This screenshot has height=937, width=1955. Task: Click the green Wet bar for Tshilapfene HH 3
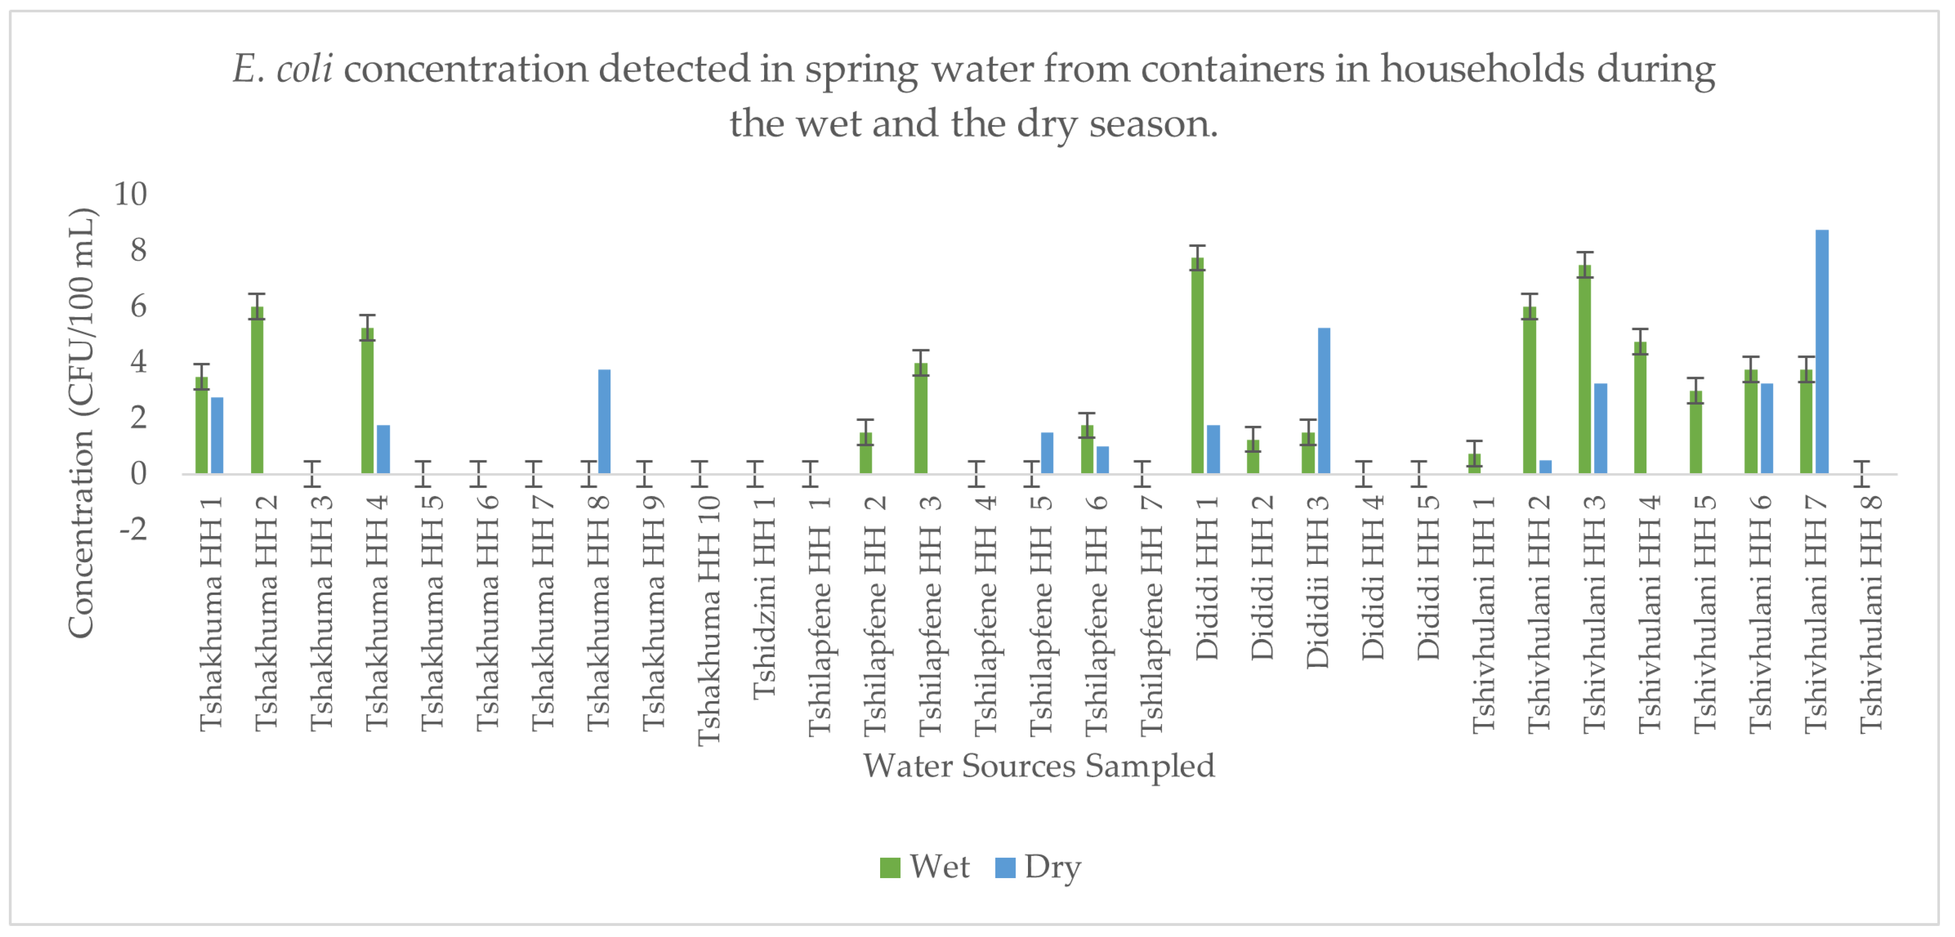[x=920, y=418]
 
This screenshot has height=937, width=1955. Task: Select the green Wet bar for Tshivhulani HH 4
[x=1640, y=408]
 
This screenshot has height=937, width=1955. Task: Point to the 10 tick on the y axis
[x=131, y=194]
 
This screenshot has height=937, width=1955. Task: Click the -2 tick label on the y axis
[x=134, y=529]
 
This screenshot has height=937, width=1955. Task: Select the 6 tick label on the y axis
[x=138, y=307]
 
